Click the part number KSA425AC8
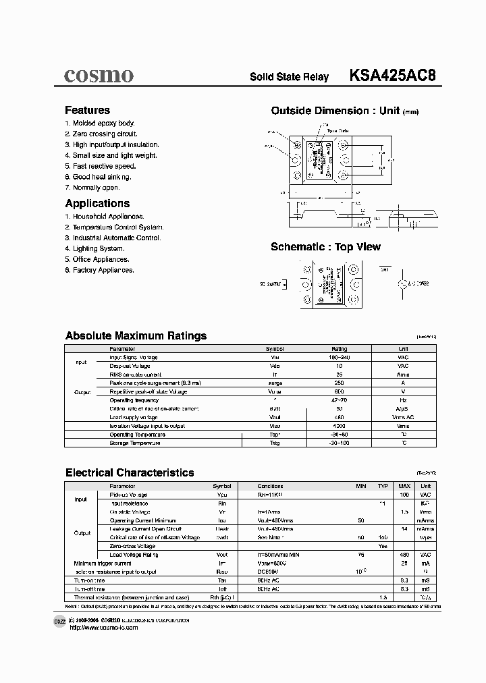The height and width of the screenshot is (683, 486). click(392, 76)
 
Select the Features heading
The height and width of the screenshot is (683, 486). click(87, 110)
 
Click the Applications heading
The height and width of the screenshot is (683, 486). click(97, 203)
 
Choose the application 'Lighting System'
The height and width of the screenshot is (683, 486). click(94, 248)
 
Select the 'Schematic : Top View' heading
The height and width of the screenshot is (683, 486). click(325, 247)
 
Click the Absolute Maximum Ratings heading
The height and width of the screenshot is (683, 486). click(136, 335)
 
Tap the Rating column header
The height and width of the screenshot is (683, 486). click(339, 349)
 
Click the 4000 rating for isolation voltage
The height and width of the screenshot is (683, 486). click(339, 426)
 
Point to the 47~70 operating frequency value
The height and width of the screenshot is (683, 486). click(339, 400)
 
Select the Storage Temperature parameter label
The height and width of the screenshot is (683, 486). click(135, 443)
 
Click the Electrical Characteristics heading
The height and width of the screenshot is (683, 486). click(130, 472)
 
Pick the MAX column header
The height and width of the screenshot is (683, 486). click(404, 486)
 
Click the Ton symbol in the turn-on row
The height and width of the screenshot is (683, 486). click(221, 580)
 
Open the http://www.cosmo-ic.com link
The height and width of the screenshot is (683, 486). click(103, 628)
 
